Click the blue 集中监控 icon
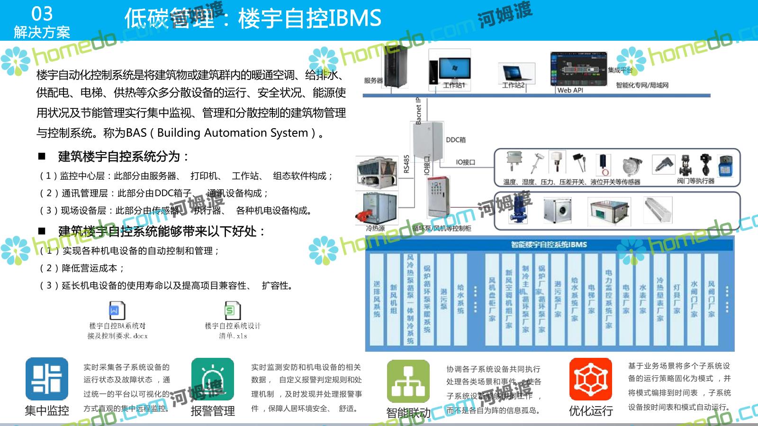click(x=46, y=379)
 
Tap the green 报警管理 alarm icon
click(x=212, y=380)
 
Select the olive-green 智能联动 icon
click(x=408, y=382)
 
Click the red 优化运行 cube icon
click(x=590, y=379)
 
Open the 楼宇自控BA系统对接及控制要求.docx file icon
click(x=117, y=311)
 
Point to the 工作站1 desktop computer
click(x=453, y=70)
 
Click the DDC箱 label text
click(x=456, y=140)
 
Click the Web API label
click(x=570, y=90)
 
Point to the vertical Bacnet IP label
click(x=418, y=111)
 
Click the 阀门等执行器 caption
click(x=695, y=181)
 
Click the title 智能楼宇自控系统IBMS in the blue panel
click(x=549, y=244)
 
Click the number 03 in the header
click(x=42, y=14)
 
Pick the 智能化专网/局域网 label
click(x=642, y=85)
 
